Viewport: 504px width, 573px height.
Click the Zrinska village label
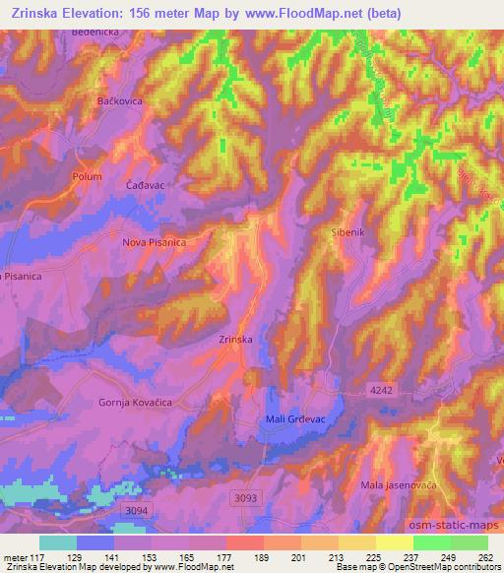point(236,340)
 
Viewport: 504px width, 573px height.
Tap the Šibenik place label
point(345,233)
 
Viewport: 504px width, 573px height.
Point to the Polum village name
point(87,176)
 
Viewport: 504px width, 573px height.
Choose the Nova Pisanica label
point(154,241)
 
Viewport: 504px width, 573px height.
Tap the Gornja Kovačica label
point(132,402)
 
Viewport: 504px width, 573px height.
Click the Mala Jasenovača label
point(399,484)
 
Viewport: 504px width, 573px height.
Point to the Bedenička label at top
point(96,32)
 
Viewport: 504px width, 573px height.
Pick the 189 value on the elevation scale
point(262,556)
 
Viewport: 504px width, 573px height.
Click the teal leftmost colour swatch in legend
point(58,542)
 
